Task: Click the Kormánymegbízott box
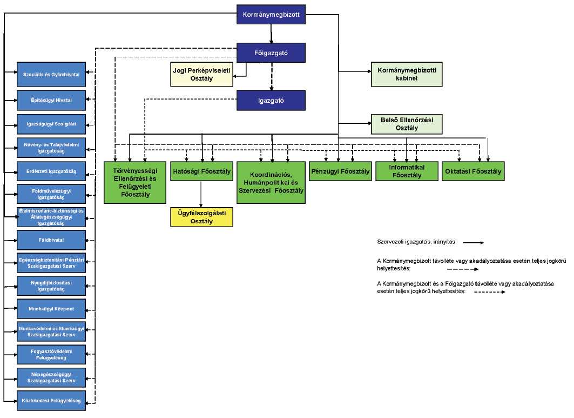pyautogui.click(x=271, y=15)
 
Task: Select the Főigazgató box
pyautogui.click(x=271, y=53)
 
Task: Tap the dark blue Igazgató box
pyautogui.click(x=271, y=101)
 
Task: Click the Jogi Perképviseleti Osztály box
pyautogui.click(x=202, y=75)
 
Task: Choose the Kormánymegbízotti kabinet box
pyautogui.click(x=407, y=74)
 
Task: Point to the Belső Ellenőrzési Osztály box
pyautogui.click(x=407, y=124)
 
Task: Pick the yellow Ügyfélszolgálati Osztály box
pyautogui.click(x=202, y=217)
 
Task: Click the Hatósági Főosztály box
pyautogui.click(x=202, y=171)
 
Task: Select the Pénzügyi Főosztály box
pyautogui.click(x=340, y=171)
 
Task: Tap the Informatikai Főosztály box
pyautogui.click(x=407, y=171)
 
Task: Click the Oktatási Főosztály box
pyautogui.click(x=473, y=171)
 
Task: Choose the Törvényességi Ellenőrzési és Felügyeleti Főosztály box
pyautogui.click(x=135, y=182)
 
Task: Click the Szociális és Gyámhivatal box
pyautogui.click(x=51, y=75)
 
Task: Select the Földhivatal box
pyautogui.click(x=51, y=240)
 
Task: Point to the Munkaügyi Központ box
pyautogui.click(x=51, y=309)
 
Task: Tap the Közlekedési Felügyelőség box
pyautogui.click(x=51, y=400)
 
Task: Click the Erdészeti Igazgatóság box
pyautogui.click(x=51, y=171)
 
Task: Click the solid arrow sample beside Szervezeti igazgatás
pyautogui.click(x=474, y=242)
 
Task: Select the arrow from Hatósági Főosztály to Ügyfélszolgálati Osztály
pyautogui.click(x=201, y=194)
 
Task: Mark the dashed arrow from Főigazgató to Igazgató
pyautogui.click(x=272, y=76)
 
